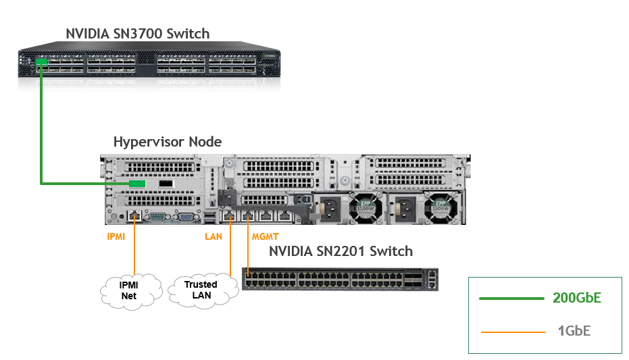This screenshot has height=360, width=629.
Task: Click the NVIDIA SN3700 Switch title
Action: [x=137, y=33]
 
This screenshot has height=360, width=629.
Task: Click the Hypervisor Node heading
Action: [x=168, y=142]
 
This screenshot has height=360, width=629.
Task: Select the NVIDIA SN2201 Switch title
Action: [x=341, y=251]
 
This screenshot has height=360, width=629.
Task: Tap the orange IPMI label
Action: [x=116, y=237]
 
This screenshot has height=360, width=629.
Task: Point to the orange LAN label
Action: [x=213, y=237]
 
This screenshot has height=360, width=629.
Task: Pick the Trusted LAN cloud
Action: [x=201, y=289]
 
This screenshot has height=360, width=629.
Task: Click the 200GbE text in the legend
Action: [x=576, y=298]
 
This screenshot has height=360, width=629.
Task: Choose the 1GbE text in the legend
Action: [x=575, y=332]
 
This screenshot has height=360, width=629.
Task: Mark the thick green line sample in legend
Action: [x=511, y=298]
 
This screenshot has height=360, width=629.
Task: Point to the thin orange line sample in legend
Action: [x=512, y=332]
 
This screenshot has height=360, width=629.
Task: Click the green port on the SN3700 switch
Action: [x=42, y=62]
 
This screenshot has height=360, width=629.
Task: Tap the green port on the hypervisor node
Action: [x=137, y=184]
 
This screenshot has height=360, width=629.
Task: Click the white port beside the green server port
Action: [x=166, y=184]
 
